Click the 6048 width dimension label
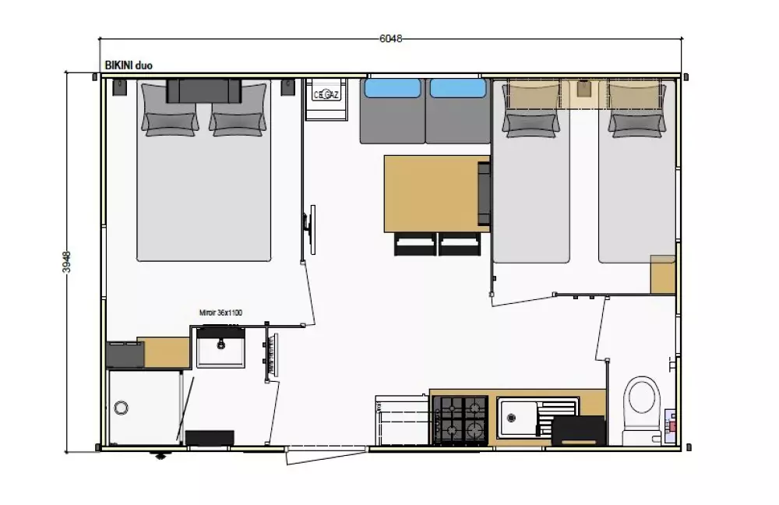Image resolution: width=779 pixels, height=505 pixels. (390, 38)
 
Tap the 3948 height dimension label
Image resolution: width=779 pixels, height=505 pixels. (66, 261)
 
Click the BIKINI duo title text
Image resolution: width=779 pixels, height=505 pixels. (129, 65)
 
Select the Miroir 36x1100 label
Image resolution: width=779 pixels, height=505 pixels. (220, 313)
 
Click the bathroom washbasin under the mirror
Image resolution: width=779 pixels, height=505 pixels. (220, 346)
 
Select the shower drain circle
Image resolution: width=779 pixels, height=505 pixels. (121, 408)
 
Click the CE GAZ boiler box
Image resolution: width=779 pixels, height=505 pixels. (326, 94)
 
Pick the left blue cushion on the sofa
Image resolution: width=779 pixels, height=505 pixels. (393, 88)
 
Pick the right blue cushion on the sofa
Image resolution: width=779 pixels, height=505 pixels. (457, 88)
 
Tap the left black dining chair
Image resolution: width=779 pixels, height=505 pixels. (415, 244)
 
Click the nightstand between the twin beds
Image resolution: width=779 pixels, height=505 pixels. (583, 94)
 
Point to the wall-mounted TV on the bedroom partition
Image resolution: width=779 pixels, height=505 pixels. (310, 229)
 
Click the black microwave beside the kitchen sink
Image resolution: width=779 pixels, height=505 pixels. (579, 430)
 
